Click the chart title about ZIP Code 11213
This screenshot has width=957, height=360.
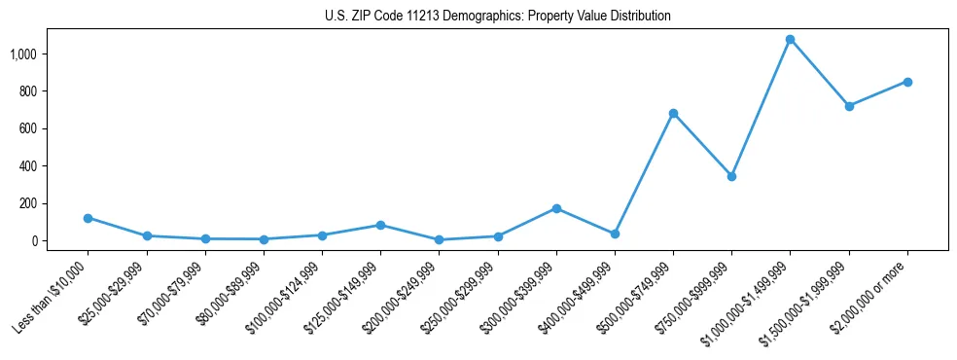(498, 17)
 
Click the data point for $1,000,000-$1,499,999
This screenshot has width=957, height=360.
(790, 40)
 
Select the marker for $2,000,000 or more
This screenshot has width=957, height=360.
(907, 82)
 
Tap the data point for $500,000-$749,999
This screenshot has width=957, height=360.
(673, 113)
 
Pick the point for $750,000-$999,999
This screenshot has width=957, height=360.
(731, 176)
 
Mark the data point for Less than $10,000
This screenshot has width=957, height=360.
(88, 218)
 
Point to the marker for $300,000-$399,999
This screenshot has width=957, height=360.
(556, 208)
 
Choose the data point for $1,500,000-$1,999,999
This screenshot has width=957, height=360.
(849, 106)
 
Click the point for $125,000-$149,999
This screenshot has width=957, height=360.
(380, 225)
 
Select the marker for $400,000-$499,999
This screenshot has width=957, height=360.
(615, 234)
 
